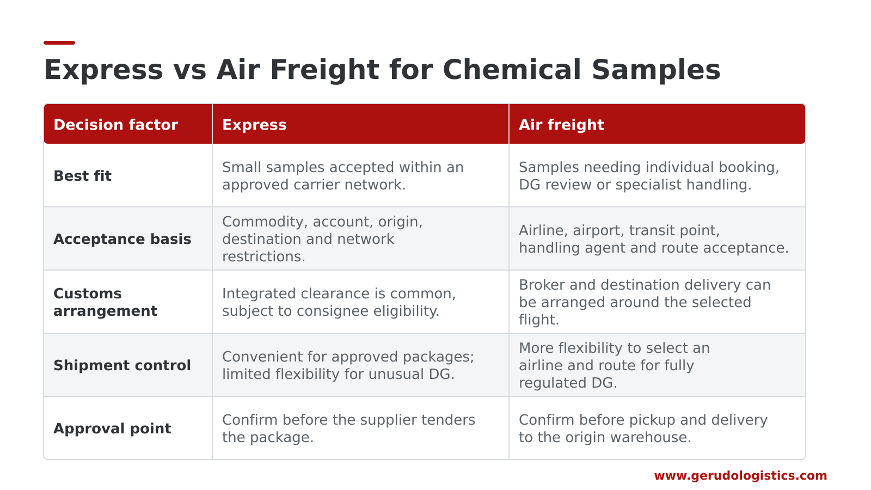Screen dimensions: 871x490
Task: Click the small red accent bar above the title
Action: [59, 43]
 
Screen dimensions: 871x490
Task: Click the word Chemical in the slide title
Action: [512, 70]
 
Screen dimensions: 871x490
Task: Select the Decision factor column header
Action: [115, 125]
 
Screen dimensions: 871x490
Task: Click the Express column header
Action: [254, 125]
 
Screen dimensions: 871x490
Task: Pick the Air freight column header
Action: [561, 125]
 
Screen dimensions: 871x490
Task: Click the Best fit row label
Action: [82, 176]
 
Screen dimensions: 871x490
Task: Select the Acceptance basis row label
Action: [122, 239]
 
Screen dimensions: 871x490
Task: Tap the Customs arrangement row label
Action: [105, 302]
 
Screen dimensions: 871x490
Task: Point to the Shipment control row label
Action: [122, 365]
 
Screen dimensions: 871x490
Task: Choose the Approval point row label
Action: [112, 428]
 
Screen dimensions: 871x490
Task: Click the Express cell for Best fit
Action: [342, 176]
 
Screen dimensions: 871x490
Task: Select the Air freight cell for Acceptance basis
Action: [654, 239]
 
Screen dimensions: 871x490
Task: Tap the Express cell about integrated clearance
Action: [339, 302]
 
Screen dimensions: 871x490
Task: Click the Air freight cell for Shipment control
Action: [615, 365]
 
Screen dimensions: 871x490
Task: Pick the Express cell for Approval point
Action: [348, 428]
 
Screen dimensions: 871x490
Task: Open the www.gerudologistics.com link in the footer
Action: [740, 476]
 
